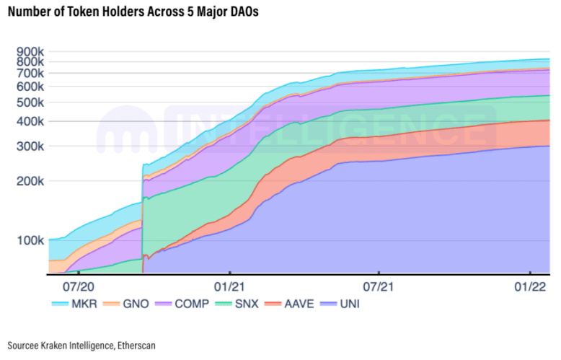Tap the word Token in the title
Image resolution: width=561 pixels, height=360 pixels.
click(75, 12)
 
